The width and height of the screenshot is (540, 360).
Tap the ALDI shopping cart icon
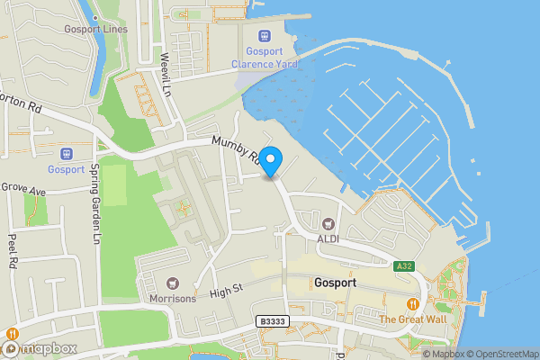pyautogui.click(x=328, y=222)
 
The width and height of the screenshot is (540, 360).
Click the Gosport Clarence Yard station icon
pyautogui.click(x=265, y=36)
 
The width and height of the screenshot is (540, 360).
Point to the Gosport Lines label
pyautogui.click(x=96, y=29)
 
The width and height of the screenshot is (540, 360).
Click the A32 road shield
pyautogui.click(x=404, y=265)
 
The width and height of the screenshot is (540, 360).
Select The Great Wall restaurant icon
pyautogui.click(x=413, y=303)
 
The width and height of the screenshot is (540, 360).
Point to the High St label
pyautogui.click(x=227, y=292)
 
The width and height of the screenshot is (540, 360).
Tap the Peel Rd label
pyautogui.click(x=13, y=253)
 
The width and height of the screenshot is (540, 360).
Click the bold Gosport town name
pyautogui.click(x=337, y=282)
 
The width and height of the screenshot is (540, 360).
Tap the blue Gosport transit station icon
pyautogui.click(x=66, y=154)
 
